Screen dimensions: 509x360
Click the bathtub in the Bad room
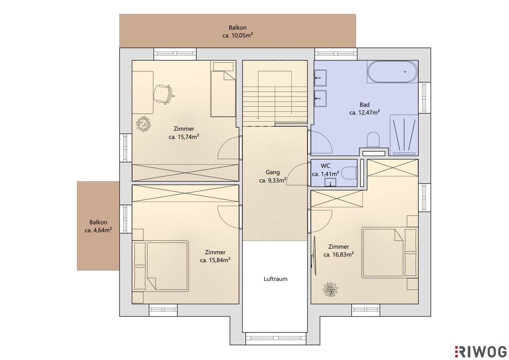[x=392, y=71]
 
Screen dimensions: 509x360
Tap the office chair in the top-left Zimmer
[x=163, y=94]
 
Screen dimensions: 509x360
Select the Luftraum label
[x=275, y=279]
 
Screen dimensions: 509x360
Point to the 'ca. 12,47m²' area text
[x=364, y=112]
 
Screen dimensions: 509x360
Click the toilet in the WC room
[x=349, y=173]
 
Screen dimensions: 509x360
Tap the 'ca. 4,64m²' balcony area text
[x=98, y=230]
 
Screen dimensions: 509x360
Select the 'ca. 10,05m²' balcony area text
[x=238, y=36]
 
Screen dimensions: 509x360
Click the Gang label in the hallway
[x=273, y=172]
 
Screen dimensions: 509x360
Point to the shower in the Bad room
[x=404, y=135]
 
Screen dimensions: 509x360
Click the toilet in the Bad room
[x=373, y=140]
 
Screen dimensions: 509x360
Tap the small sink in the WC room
[x=330, y=182]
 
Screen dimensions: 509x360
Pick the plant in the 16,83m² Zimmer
[x=330, y=289]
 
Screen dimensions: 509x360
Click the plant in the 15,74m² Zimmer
[x=143, y=124]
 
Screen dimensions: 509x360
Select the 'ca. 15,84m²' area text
[x=215, y=260]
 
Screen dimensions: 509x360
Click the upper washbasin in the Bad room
[x=320, y=78]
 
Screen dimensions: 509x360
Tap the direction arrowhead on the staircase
[x=258, y=118]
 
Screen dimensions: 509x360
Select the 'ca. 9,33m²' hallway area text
[x=273, y=180]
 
